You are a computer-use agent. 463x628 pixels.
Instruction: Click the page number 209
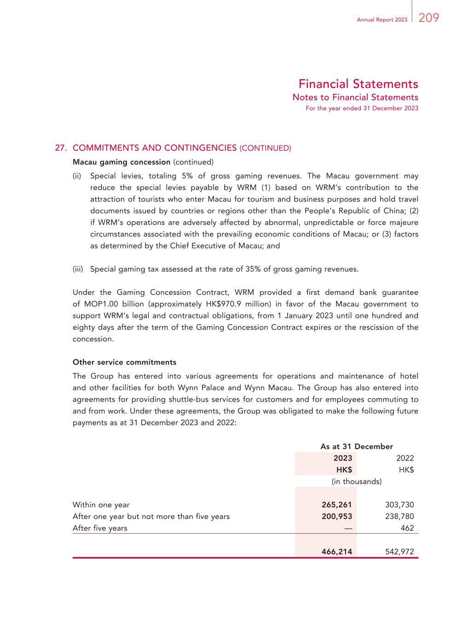point(429,18)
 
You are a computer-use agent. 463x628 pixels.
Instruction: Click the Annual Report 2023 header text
point(382,20)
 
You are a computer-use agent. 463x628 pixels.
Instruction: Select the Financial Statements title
point(358,84)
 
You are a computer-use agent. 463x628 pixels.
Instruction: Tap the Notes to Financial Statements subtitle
point(355,97)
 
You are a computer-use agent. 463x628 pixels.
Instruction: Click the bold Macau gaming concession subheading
point(122,162)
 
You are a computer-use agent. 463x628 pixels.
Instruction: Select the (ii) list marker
point(77,176)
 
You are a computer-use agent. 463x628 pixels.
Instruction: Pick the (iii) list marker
point(78,269)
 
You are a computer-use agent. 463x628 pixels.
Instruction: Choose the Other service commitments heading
point(124,362)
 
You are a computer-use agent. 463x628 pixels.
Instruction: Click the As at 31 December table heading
point(356,446)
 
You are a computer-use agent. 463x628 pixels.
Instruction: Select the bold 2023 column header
point(342,458)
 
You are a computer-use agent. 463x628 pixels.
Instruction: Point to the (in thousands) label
point(357,481)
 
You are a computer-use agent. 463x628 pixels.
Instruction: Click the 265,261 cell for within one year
point(337,505)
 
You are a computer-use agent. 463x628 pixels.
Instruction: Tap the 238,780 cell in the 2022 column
point(399,516)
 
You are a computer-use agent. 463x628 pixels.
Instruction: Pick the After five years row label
point(100,528)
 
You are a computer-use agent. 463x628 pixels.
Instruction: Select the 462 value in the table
point(407,528)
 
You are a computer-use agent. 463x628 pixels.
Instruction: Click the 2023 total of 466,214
point(337,552)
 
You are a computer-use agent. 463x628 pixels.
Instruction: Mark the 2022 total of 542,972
point(399,552)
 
